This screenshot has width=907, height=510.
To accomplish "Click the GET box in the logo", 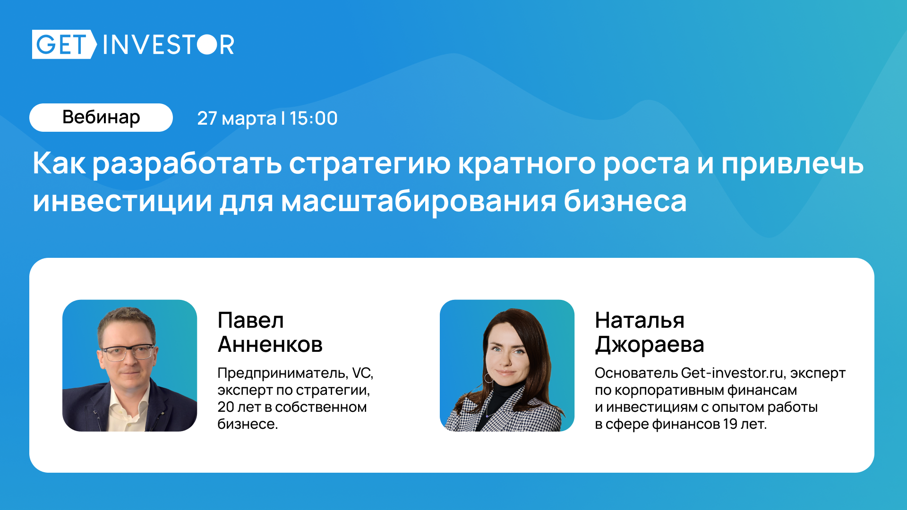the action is pos(64,44).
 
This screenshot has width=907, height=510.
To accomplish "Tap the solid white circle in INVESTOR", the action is pos(206,44).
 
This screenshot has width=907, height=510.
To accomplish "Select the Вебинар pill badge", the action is pos(101,118).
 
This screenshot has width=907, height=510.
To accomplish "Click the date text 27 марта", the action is pos(236,119).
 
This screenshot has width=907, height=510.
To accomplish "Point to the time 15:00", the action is pos(314,119).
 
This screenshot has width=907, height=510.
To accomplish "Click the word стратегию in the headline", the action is pos(370,164).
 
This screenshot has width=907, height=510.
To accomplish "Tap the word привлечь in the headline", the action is pos(792,164).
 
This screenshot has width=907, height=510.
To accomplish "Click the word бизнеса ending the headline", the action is pos(625,201).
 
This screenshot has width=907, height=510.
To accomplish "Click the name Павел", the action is pos(251,321).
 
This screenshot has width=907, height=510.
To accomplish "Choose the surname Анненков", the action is pos(270,344).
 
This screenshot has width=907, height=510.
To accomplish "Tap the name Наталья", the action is pos(640,321).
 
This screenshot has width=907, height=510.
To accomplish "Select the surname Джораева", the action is pos(650,345).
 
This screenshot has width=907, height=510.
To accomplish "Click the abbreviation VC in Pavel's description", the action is pos(362,373).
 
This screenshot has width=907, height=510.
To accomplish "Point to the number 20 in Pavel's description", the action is pos(226,407).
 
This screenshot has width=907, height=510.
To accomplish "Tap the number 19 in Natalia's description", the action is pos(730,424).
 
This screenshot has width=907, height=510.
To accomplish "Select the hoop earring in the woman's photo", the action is pos(489,378).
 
